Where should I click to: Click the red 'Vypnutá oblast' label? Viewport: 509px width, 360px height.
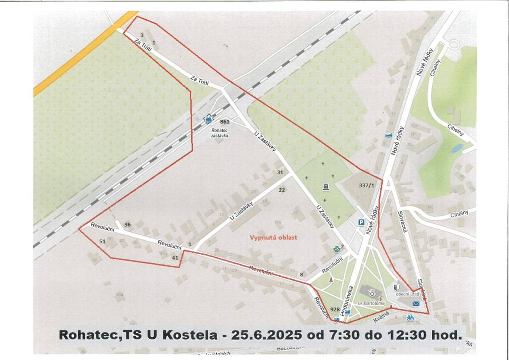[274, 237]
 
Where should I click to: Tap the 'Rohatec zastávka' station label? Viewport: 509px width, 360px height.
[220, 133]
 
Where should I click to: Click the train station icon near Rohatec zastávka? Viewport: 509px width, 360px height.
[208, 119]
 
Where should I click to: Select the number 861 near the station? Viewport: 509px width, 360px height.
[225, 122]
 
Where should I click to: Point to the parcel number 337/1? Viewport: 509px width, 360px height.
[366, 186]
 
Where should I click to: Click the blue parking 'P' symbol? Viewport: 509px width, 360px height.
[362, 222]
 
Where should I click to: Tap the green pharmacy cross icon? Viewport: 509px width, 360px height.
[337, 249]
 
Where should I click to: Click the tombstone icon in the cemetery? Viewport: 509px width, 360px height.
[326, 186]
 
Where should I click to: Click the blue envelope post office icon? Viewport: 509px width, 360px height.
[416, 304]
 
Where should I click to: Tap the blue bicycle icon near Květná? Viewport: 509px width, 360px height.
[410, 318]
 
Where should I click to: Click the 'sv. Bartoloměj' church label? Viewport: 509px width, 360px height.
[368, 304]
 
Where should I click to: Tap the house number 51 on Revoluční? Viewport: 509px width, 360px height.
[102, 241]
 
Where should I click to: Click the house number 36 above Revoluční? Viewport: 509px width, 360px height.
[127, 224]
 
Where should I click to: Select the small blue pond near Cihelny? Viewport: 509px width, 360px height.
[457, 148]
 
